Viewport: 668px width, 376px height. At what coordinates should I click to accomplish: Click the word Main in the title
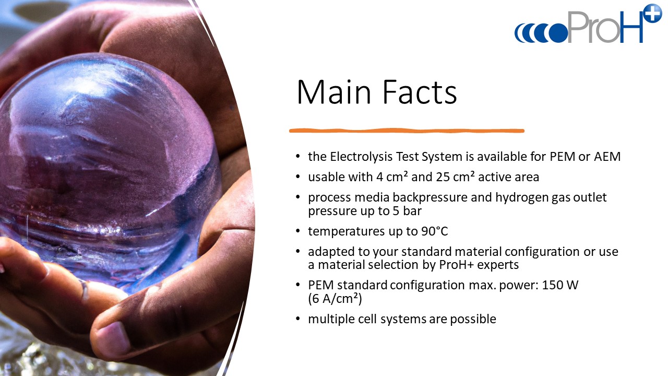pyautogui.click(x=333, y=92)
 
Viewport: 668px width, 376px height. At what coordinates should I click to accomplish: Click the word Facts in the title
pyautogui.click(x=420, y=92)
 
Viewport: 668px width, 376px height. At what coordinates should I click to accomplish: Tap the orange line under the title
pyautogui.click(x=407, y=131)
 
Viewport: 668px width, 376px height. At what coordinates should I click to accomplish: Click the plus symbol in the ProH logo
pyautogui.click(x=653, y=13)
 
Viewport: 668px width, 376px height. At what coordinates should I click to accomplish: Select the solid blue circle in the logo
pyautogui.click(x=558, y=33)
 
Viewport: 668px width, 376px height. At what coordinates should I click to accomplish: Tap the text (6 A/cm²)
pyautogui.click(x=335, y=299)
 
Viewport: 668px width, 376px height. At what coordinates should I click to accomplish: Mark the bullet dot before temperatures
pyautogui.click(x=297, y=231)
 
